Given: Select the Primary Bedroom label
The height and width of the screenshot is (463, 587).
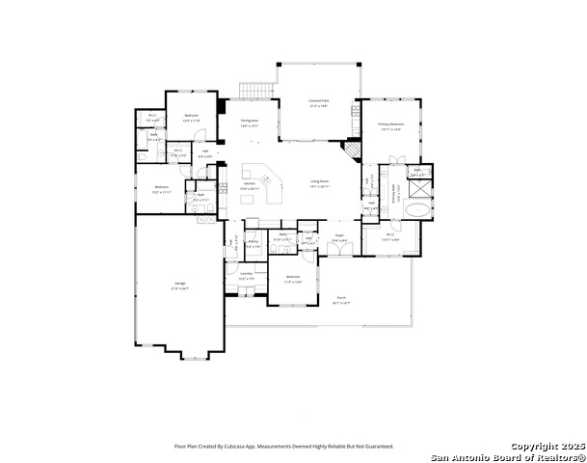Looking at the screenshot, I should [390, 123].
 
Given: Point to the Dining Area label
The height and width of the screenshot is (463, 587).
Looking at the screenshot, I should [250, 121].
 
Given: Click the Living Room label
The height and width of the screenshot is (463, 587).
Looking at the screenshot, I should [320, 181].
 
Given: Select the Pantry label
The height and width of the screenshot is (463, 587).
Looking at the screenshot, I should [253, 242].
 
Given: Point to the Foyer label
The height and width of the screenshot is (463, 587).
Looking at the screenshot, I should [339, 234].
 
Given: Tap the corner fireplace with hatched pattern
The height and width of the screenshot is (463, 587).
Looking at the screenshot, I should [353, 151].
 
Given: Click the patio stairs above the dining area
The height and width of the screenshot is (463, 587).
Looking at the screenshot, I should [253, 91].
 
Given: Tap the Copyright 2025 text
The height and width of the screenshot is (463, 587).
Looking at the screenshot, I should [546, 446].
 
